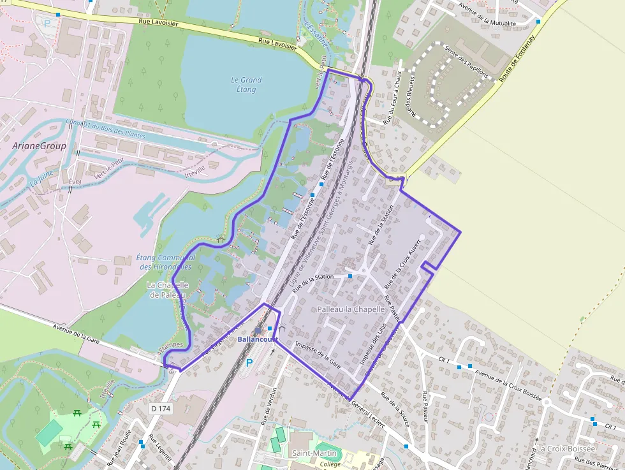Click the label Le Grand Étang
pos(246,85)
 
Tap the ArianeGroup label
pos(39,145)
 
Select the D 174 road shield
pos(162,408)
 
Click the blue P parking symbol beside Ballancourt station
pos(249,362)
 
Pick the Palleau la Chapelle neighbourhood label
pos(351,309)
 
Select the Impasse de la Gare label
pos(317,355)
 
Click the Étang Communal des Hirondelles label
pos(165,262)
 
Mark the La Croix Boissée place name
pos(566,448)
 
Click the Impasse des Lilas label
pos(374,344)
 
